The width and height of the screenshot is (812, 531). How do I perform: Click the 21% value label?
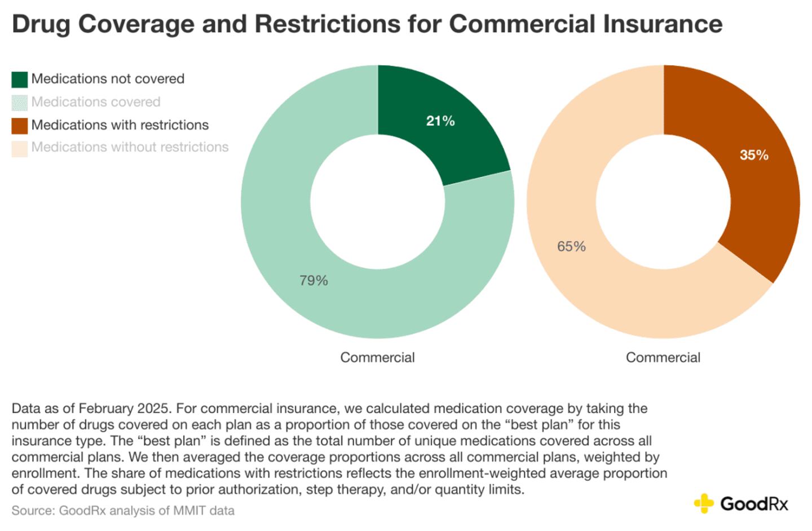coord(440,121)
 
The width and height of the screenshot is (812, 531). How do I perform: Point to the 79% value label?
coord(314,281)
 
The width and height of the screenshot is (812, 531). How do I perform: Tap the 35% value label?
coord(754,155)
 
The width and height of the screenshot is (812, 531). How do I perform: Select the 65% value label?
coord(571,247)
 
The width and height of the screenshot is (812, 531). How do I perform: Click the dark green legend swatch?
coord(20,79)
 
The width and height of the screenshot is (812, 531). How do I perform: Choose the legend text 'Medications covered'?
coord(96,102)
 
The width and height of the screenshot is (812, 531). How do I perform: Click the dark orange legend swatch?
coord(20,126)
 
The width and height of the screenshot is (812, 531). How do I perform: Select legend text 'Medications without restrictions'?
coord(130,147)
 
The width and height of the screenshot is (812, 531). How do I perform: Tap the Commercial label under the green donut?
coord(377,357)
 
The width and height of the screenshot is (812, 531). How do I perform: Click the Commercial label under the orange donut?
coord(663,357)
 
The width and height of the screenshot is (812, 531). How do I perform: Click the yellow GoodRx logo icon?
coord(704,503)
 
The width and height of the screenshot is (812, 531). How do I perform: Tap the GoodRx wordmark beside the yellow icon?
coord(754,503)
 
